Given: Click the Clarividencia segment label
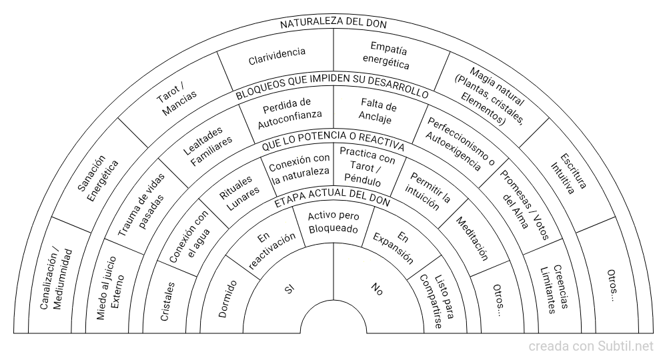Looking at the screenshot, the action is pos(277,56).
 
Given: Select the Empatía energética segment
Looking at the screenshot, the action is pos(387,55).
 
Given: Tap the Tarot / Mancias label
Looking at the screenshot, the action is pos(177,99).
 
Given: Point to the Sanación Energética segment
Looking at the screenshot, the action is pos(98,179).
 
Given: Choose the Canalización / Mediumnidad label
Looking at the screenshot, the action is pos(56,279).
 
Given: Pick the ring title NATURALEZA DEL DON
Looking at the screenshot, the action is pos(333,23).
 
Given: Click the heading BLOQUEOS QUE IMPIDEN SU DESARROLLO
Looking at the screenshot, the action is pos(331,85).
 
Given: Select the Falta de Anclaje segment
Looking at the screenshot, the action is pos(377,111).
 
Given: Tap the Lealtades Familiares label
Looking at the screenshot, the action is pos(207,146).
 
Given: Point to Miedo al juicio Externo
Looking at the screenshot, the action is pos(110,287).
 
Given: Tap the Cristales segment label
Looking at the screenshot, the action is pos(167,301).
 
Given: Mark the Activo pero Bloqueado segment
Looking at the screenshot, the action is pos(333,222).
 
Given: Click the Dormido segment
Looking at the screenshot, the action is pos(227,299).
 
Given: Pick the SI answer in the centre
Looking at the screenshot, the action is pos(289,289).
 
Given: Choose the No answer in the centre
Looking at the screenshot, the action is pos(377,289).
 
